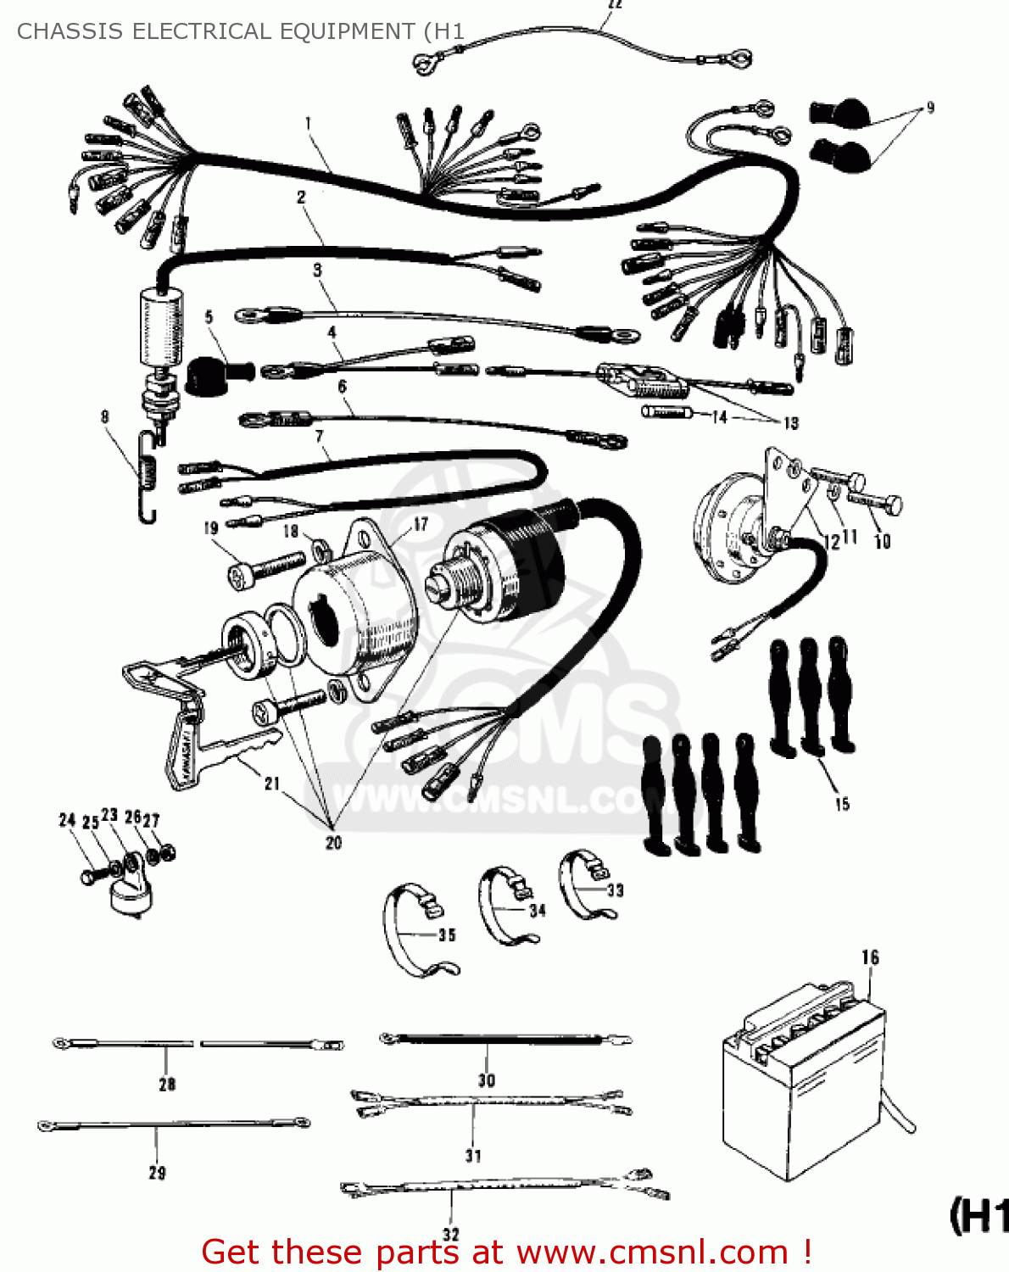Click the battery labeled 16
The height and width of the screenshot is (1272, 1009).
tap(801, 1085)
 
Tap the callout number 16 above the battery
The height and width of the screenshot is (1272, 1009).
tap(870, 957)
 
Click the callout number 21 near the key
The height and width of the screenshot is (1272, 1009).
tap(272, 783)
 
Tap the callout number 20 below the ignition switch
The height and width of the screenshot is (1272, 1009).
tap(333, 842)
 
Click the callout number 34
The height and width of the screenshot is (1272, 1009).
tap(538, 911)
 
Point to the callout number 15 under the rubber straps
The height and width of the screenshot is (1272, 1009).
tap(842, 804)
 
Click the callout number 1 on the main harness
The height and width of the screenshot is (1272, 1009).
tap(309, 124)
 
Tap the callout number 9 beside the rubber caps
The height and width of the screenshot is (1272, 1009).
tap(930, 109)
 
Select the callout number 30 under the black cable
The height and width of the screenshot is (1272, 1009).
tap(486, 1080)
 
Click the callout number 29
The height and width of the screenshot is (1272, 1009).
tap(157, 1174)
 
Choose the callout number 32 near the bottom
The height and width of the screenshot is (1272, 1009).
tap(451, 1235)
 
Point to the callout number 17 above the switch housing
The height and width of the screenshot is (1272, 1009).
tap(421, 524)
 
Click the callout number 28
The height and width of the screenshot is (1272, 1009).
tap(167, 1084)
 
